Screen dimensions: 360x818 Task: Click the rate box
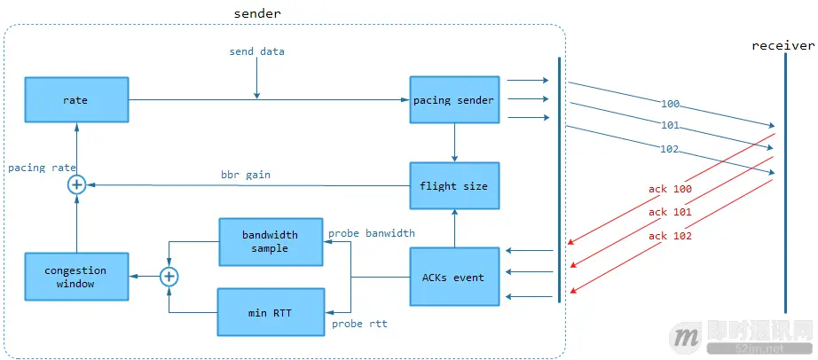(75, 100)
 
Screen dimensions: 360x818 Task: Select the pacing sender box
(453, 100)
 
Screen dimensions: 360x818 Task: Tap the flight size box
(453, 185)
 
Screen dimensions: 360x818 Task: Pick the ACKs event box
(453, 278)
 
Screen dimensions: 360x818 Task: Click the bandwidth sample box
(270, 242)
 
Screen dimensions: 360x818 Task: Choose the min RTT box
(270, 311)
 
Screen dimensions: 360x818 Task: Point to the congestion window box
(75, 277)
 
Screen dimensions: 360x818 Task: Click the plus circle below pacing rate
(77, 184)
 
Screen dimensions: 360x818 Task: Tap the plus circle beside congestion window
(169, 277)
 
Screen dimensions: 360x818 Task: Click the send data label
(256, 51)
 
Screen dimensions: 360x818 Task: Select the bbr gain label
(246, 175)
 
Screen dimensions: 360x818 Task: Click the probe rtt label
(359, 324)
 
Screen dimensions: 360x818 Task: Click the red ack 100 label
(670, 189)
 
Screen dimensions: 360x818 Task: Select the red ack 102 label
(670, 236)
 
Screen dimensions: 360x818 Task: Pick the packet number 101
(671, 124)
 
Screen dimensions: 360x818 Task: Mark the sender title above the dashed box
(257, 13)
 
